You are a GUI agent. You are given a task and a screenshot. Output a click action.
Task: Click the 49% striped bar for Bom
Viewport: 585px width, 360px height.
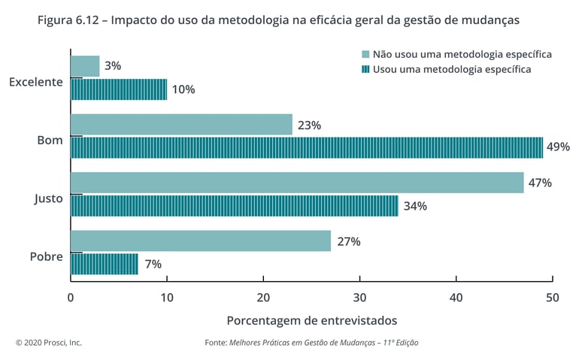point(307,147)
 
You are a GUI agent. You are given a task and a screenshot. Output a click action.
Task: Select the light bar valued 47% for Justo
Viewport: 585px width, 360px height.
point(297,183)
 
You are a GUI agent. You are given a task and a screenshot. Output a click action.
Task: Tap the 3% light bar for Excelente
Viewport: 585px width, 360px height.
point(85,66)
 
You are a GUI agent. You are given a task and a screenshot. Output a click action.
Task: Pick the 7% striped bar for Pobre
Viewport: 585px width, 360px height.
point(105,264)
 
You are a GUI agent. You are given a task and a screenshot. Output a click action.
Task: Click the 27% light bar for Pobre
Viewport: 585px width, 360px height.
point(201,241)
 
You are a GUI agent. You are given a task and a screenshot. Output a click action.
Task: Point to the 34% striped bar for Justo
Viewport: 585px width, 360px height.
point(235,206)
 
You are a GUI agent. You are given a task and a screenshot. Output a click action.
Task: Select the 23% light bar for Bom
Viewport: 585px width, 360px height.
point(181,125)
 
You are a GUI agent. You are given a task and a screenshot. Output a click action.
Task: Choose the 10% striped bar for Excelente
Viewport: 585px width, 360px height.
point(119,89)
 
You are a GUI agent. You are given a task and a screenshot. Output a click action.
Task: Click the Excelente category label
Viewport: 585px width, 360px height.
point(35,82)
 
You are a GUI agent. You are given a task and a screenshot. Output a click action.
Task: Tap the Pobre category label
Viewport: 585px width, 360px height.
point(46,256)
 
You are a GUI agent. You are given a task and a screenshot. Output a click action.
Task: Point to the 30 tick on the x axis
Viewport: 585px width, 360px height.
point(359,297)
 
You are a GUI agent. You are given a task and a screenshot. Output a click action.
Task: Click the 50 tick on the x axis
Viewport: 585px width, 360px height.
point(552,297)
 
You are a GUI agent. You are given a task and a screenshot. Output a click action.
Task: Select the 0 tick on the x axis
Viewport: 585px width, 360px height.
point(71,297)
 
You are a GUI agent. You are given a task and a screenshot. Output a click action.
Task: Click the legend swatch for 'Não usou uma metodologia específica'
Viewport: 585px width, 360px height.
point(366,55)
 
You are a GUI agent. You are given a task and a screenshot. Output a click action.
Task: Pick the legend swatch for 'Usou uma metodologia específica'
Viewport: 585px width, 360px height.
point(366,70)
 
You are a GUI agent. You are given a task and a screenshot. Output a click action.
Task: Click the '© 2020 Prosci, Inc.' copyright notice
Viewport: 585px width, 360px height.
point(49,343)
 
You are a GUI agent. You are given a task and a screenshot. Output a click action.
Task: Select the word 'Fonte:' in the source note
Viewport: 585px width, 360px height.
point(216,343)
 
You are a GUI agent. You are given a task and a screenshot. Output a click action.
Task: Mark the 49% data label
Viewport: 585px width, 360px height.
point(558,147)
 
